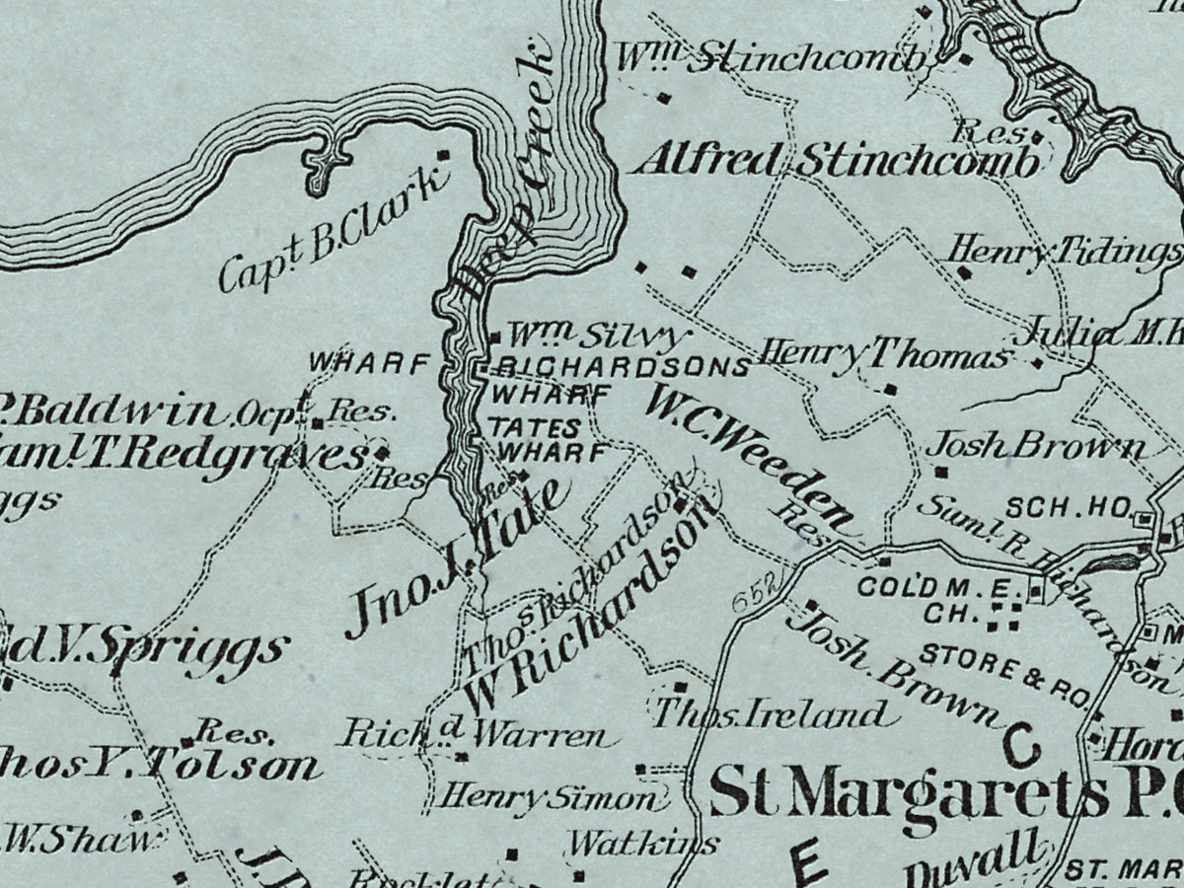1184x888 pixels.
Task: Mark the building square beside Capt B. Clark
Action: [x=443, y=155]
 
